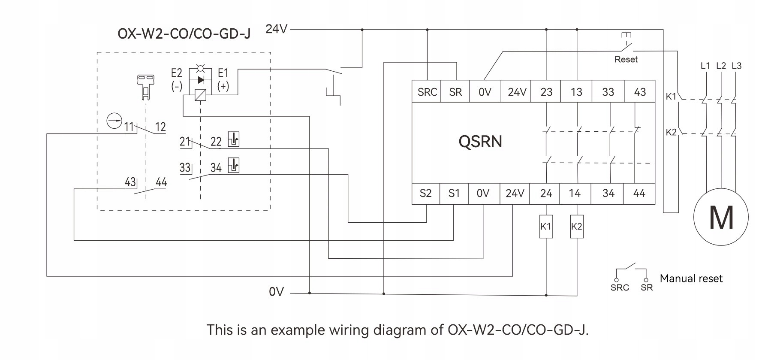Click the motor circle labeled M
point(721,217)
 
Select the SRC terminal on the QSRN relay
point(427,92)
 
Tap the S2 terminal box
point(426,194)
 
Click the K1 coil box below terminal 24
point(546,227)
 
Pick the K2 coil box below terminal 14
point(577,227)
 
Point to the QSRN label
point(480,141)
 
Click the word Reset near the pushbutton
point(626,60)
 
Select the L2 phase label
point(721,66)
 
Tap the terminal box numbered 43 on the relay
point(640,92)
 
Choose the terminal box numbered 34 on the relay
point(608,194)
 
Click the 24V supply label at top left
point(277,29)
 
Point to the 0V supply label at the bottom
point(277,292)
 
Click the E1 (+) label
point(223,79)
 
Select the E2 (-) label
point(177,79)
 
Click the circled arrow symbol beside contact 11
point(114,121)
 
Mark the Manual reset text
point(691,278)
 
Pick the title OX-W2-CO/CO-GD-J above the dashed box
point(184,33)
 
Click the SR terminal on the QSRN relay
point(455,92)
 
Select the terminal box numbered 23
point(546,92)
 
